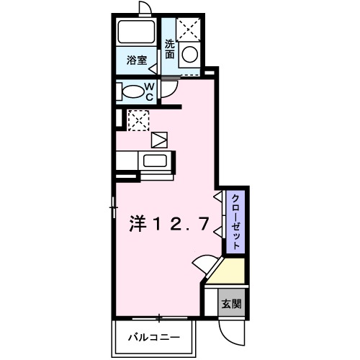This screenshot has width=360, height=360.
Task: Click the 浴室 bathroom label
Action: (138, 60)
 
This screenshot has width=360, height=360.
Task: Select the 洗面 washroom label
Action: (170, 48)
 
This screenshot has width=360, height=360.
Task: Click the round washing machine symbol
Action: (189, 54)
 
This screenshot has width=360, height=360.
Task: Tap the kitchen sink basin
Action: (154, 161)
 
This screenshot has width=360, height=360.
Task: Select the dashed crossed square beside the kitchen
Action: (138, 120)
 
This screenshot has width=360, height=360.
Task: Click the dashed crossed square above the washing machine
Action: (189, 29)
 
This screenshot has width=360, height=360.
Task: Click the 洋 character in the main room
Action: (139, 225)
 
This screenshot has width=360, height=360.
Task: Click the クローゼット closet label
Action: (234, 221)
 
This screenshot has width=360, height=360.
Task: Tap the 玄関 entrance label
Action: (231, 303)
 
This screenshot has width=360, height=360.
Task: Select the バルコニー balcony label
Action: (153, 336)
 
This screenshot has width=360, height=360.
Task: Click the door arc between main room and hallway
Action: (204, 266)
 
